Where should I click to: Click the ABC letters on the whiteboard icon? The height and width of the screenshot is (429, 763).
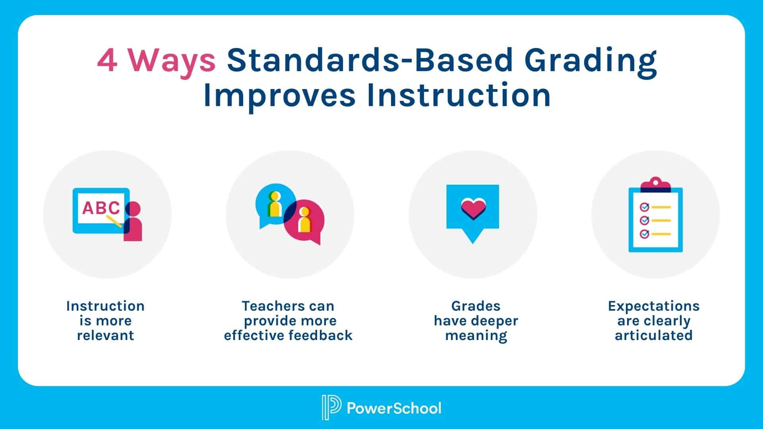pos(101,208)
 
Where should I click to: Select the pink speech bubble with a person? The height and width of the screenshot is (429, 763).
pos(304,221)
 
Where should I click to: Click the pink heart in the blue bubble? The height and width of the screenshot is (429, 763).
pos(473,208)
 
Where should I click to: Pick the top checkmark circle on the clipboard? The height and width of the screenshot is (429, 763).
pos(644,207)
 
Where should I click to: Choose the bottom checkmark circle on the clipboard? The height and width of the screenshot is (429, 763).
pos(644,234)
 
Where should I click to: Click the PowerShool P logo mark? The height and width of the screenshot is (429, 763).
pos(331,408)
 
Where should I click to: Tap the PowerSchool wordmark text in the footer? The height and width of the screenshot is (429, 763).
pos(394,408)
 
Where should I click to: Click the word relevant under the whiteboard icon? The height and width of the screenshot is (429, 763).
pos(105,335)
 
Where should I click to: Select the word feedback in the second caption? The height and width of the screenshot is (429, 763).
pos(320,335)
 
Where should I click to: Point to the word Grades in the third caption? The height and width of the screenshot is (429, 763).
pos(476,306)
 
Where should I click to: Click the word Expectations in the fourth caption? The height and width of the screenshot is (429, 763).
pos(654,306)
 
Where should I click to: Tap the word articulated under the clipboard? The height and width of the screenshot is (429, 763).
pos(654,335)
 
